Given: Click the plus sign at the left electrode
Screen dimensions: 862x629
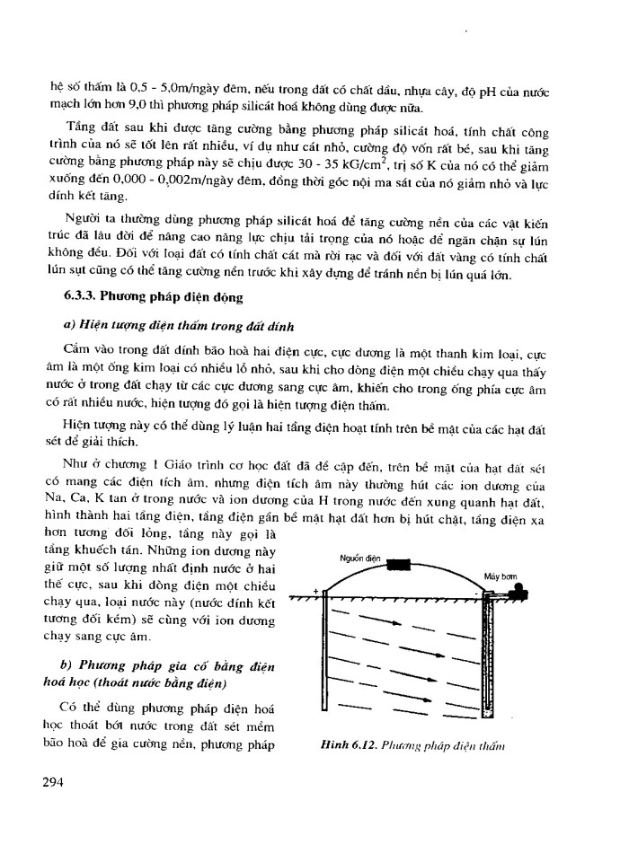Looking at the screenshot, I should point(315,592).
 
